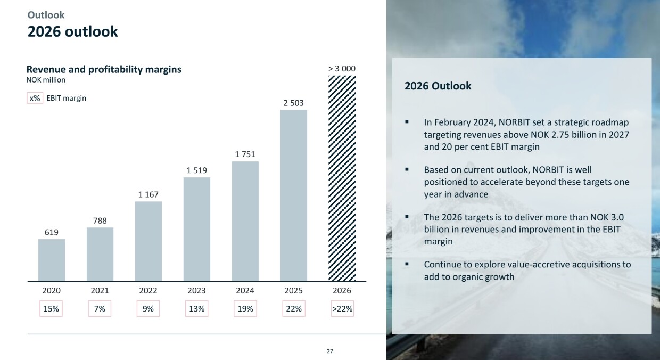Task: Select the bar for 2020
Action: tap(52, 260)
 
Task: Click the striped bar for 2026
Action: tap(342, 178)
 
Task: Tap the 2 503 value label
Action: tap(293, 103)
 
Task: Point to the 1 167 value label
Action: tap(148, 194)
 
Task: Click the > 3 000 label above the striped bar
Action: tap(342, 69)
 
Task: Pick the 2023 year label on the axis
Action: tap(196, 291)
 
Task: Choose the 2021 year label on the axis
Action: tap(100, 291)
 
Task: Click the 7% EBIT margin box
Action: tap(100, 309)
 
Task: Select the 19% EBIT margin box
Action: tap(245, 309)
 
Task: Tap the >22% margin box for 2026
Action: tap(342, 309)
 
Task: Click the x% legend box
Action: tap(35, 98)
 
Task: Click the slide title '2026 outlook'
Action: tap(72, 32)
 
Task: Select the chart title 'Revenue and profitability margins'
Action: tap(104, 69)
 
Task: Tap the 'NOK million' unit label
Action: tap(46, 80)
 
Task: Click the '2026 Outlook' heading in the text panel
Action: tap(438, 86)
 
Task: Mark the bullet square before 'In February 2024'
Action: tap(407, 122)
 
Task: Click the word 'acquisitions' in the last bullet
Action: tap(596, 264)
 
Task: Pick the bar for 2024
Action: tap(245, 221)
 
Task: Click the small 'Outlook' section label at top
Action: tap(46, 15)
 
